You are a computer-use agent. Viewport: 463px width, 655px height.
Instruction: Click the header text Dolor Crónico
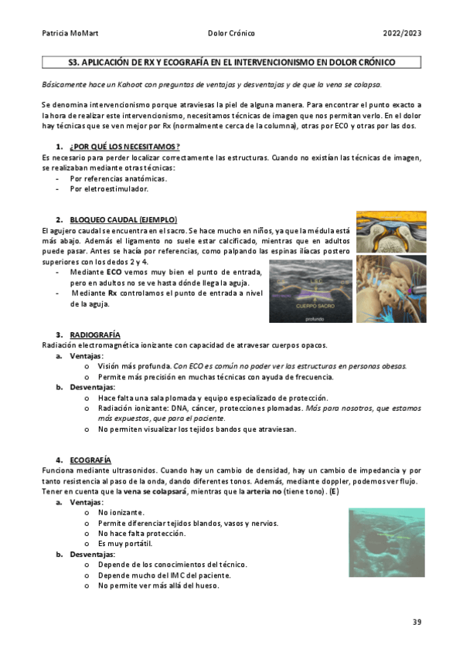(231, 34)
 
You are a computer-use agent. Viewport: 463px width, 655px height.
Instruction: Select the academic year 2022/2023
(402, 34)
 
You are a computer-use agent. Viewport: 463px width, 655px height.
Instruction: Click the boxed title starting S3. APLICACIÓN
(231, 63)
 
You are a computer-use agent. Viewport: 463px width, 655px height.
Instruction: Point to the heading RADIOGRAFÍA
(94, 334)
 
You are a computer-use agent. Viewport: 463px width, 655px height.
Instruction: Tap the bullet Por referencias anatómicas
(118, 178)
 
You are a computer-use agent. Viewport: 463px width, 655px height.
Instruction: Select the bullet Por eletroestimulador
(108, 188)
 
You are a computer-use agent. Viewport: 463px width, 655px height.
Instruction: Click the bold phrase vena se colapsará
(156, 492)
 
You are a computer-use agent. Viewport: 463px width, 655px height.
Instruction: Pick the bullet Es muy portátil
(125, 544)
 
